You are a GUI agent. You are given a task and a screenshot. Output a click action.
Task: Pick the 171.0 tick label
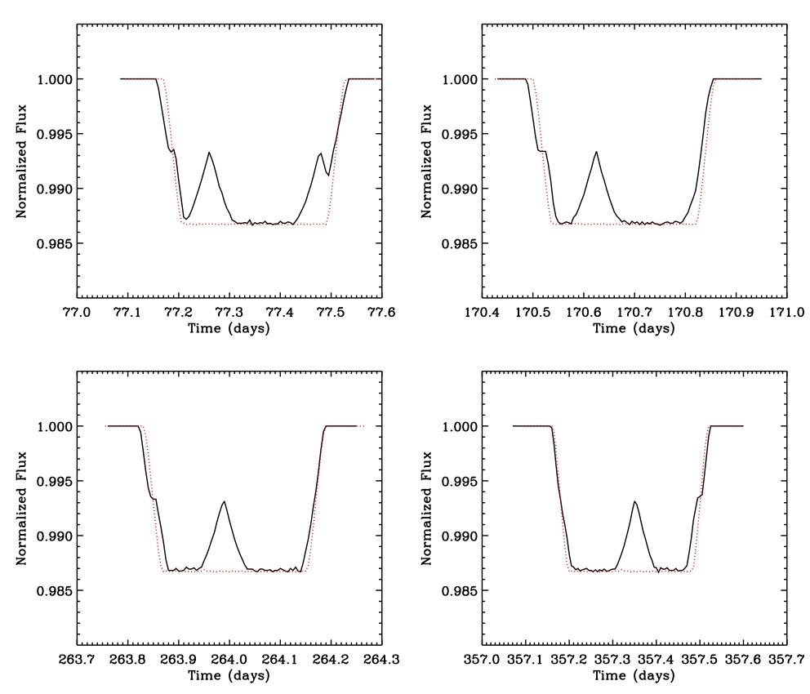coord(786,311)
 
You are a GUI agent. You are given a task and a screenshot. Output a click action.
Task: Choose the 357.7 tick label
coord(786,658)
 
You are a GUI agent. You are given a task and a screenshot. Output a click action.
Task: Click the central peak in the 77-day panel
coord(209,153)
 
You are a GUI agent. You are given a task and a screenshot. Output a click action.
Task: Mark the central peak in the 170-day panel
coord(596,152)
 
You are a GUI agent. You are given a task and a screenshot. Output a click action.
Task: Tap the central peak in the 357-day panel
coord(634,501)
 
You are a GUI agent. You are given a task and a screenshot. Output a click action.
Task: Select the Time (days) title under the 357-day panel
coord(634,675)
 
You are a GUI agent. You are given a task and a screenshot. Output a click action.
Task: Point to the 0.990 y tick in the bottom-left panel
coord(54,536)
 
